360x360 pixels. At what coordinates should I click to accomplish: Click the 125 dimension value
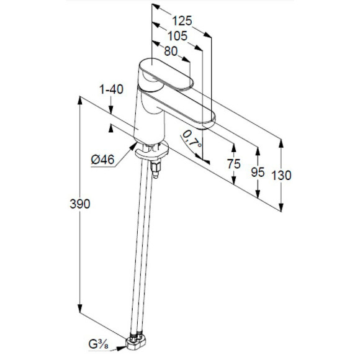[182, 21]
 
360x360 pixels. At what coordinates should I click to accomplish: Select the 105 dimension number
[178, 36]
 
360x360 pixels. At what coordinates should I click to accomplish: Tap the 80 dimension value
[171, 51]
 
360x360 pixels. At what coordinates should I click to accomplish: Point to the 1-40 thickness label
[111, 89]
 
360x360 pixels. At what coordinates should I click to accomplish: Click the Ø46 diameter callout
[102, 160]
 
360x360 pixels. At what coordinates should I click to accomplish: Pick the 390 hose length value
[80, 204]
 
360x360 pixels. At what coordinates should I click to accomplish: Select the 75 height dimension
[234, 164]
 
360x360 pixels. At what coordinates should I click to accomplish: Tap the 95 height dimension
[258, 172]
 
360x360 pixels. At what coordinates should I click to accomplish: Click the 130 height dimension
[281, 176]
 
